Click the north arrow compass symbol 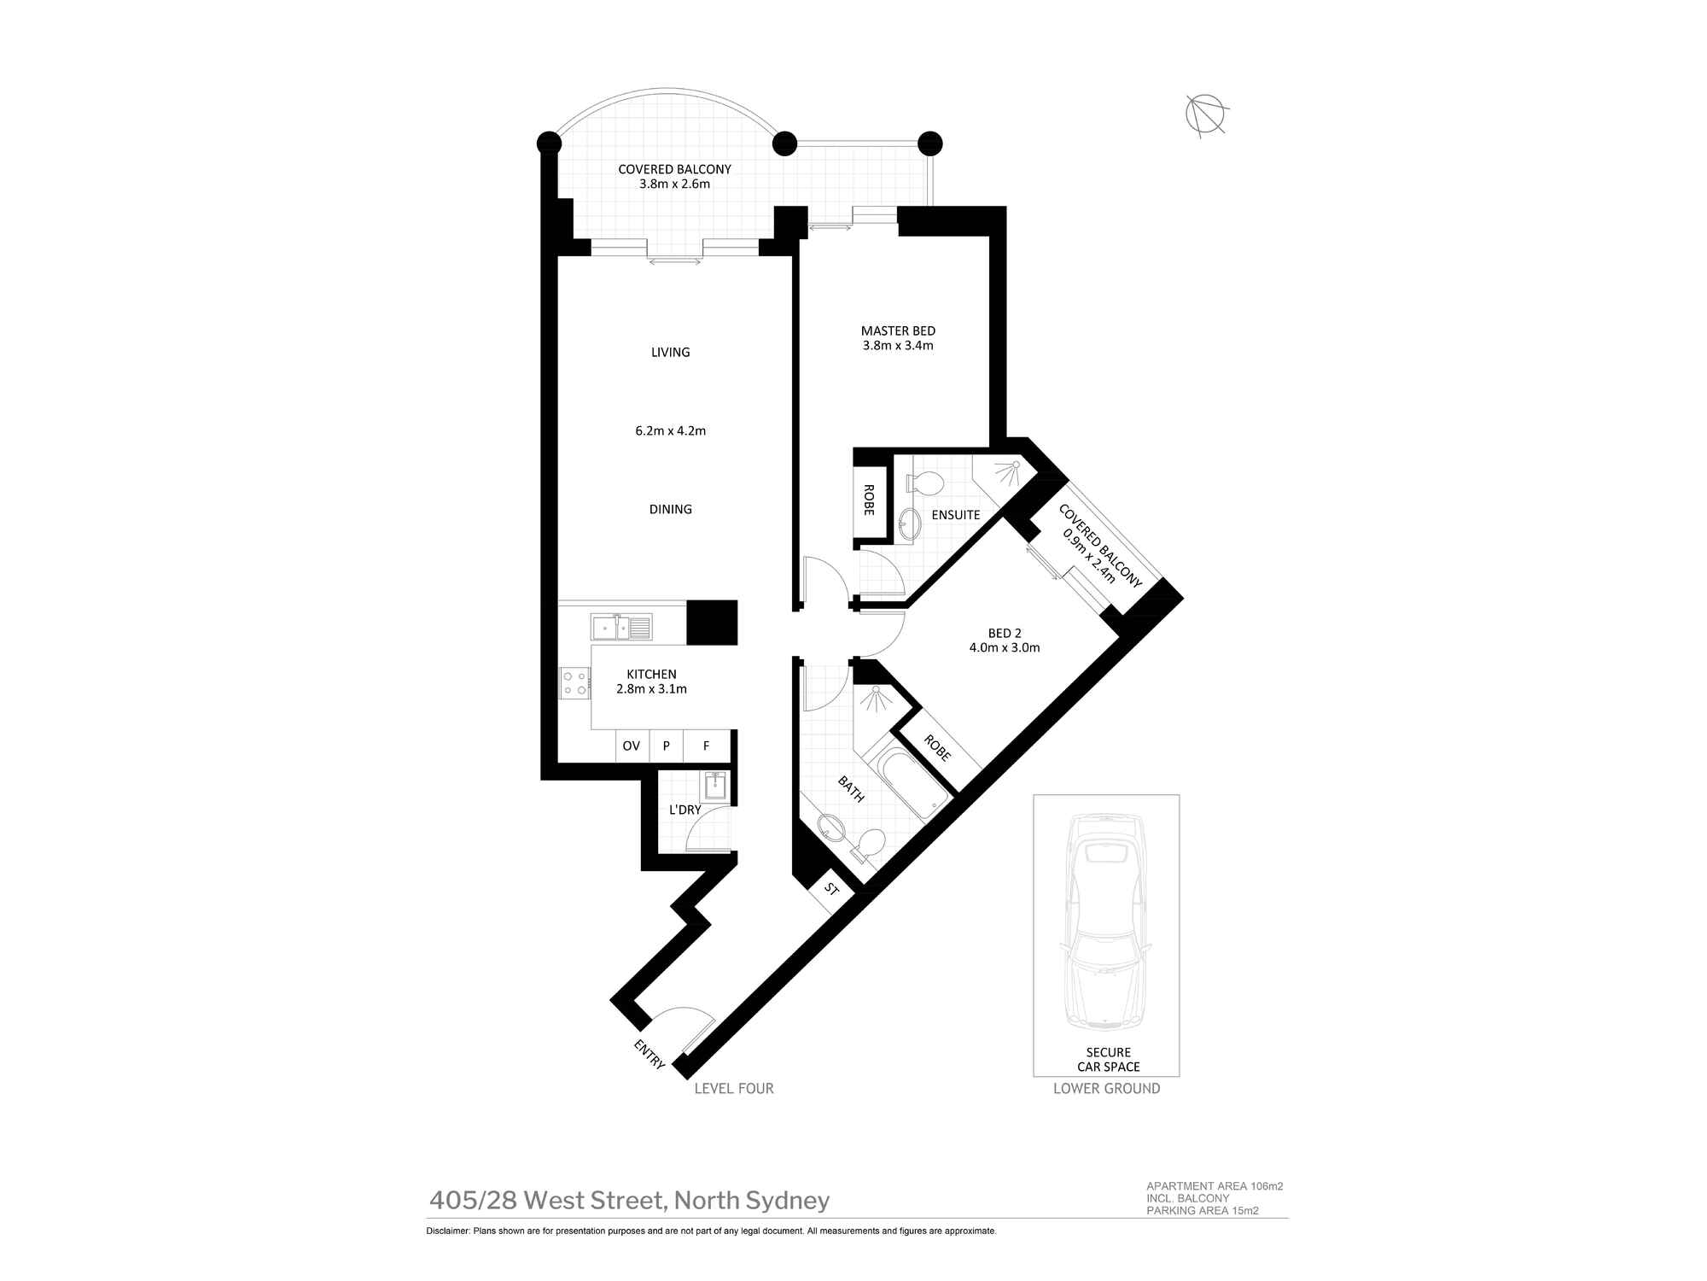[x=1206, y=114]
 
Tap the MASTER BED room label [x=898, y=330]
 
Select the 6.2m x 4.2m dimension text [x=670, y=431]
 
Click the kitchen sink [x=620, y=628]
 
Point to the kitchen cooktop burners [x=574, y=682]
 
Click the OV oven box [x=632, y=746]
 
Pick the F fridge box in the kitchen [x=707, y=746]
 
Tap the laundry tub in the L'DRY [x=715, y=784]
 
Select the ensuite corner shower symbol [x=1005, y=474]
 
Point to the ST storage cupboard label [x=832, y=890]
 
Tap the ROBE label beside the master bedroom [x=869, y=500]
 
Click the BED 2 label [x=1005, y=633]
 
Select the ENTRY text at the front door [x=650, y=1054]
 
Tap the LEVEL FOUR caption [x=734, y=1088]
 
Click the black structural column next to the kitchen [x=711, y=623]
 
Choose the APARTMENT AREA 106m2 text [x=1214, y=1186]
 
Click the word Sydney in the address [x=788, y=1201]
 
